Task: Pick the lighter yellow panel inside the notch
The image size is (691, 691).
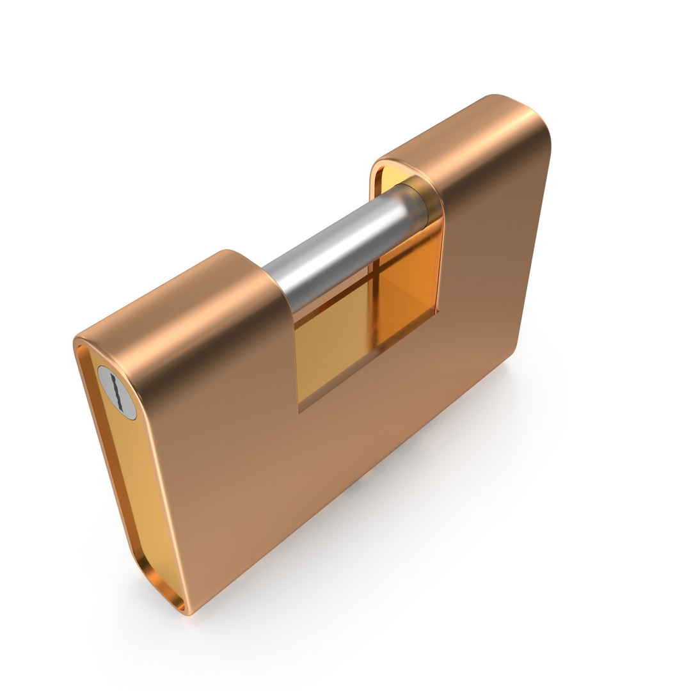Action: [326, 345]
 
